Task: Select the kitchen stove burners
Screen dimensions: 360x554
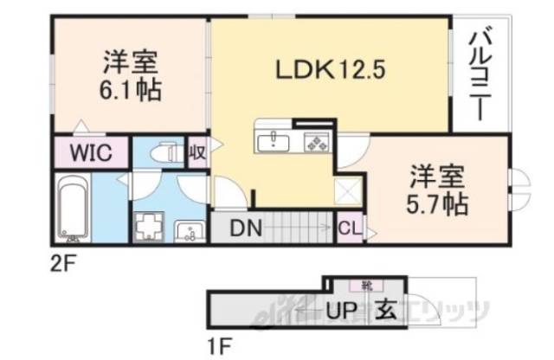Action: (313, 141)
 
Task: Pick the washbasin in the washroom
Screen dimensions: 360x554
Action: (187, 230)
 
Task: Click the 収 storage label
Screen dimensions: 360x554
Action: (197, 152)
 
